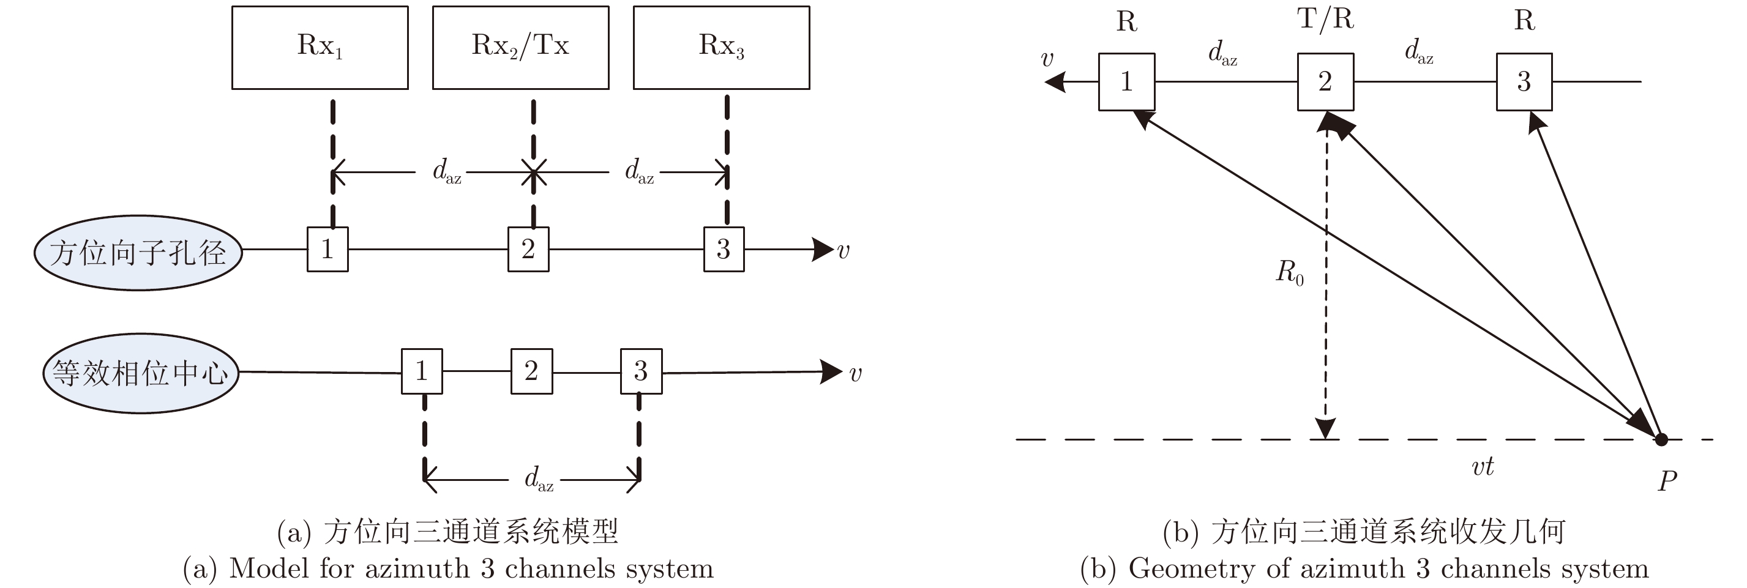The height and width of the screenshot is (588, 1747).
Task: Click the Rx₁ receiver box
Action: click(x=320, y=48)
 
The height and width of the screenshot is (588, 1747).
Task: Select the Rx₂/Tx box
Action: click(x=520, y=48)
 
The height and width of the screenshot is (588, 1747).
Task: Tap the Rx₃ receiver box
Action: click(x=721, y=48)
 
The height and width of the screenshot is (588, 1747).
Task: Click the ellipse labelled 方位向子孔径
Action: click(x=138, y=253)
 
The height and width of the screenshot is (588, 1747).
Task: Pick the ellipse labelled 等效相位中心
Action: click(x=141, y=373)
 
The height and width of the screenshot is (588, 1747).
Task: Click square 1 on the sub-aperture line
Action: click(x=327, y=250)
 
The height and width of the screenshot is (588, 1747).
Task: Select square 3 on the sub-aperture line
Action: click(x=724, y=250)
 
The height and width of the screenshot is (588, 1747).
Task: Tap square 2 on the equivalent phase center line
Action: click(x=532, y=371)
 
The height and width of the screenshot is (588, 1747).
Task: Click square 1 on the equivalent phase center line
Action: click(x=422, y=371)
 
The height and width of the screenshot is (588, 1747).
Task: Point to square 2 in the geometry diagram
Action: click(x=1325, y=82)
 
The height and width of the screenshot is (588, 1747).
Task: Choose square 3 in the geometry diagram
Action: click(x=1524, y=82)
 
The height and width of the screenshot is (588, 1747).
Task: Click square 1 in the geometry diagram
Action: click(x=1126, y=82)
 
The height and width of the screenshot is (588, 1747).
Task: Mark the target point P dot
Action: click(x=1661, y=439)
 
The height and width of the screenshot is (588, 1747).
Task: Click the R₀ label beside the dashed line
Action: click(x=1289, y=273)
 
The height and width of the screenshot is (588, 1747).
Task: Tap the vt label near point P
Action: click(x=1483, y=467)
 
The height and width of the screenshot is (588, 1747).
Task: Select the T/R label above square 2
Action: click(x=1325, y=19)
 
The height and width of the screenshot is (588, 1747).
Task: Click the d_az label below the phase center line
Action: click(x=539, y=479)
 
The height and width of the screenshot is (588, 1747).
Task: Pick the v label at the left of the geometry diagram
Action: click(x=1047, y=60)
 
